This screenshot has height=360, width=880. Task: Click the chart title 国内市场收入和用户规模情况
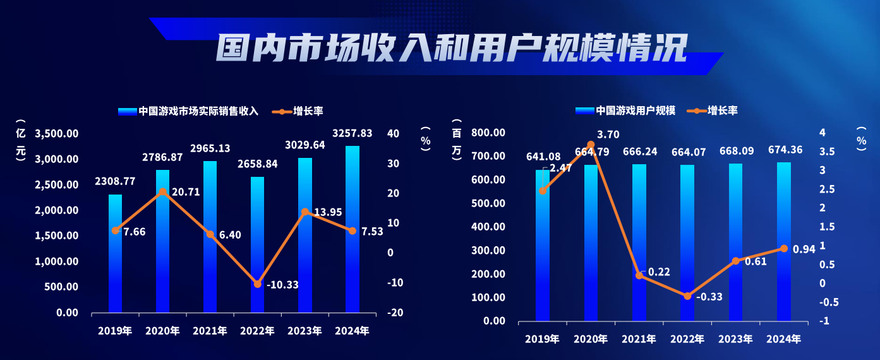(451, 47)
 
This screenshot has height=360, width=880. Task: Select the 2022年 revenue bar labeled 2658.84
(257, 246)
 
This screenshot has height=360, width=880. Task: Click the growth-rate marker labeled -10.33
(257, 284)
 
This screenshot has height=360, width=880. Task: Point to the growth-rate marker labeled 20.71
(162, 192)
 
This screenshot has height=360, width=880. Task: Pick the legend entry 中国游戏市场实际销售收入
(189, 111)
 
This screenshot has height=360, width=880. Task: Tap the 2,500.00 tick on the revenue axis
(57, 185)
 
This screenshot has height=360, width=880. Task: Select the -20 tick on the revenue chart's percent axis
(397, 313)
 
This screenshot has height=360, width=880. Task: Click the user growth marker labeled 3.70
(591, 145)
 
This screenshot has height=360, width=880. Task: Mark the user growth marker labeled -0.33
(687, 296)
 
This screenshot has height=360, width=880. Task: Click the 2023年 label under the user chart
(735, 339)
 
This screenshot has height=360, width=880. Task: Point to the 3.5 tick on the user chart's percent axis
(827, 152)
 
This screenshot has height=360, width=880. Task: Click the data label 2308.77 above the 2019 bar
(115, 181)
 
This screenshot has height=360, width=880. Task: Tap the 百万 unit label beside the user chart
(457, 142)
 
